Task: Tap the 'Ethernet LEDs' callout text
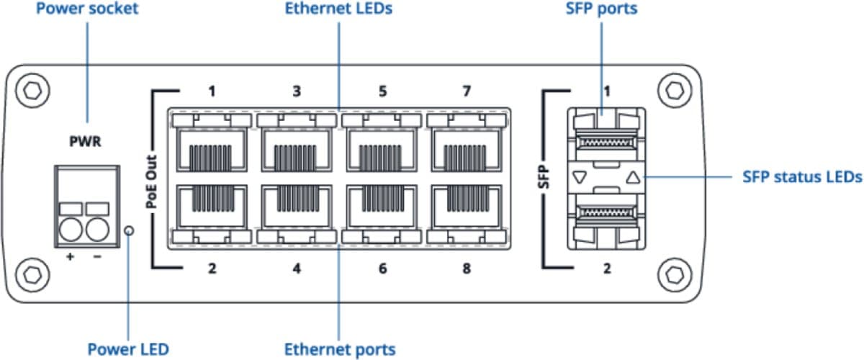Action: (x=338, y=9)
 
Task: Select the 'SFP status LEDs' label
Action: (x=801, y=176)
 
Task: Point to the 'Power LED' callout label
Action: (x=127, y=349)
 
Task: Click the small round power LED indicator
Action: (x=129, y=231)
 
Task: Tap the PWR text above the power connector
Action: (x=84, y=141)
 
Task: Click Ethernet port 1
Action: (x=211, y=149)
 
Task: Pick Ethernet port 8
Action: (x=467, y=210)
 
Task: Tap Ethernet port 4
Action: (x=296, y=210)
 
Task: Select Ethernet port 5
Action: (x=382, y=149)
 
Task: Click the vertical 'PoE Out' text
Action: (x=152, y=180)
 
